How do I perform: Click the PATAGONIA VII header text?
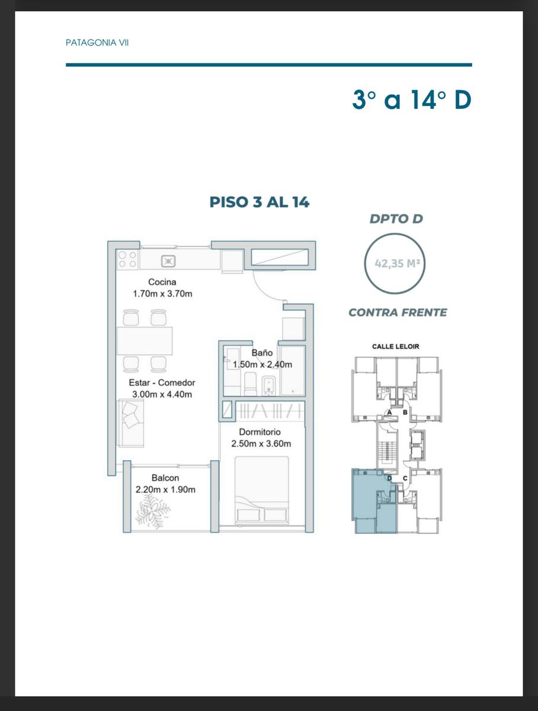pyautogui.click(x=97, y=43)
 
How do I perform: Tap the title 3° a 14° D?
pyautogui.click(x=412, y=100)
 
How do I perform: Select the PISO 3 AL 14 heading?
pyautogui.click(x=260, y=202)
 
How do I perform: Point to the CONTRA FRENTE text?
pyautogui.click(x=398, y=313)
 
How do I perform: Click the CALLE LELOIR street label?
pyautogui.click(x=396, y=347)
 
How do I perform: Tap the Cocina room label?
pyautogui.click(x=162, y=282)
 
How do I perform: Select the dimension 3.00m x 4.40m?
pyautogui.click(x=162, y=394)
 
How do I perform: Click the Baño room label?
pyautogui.click(x=262, y=353)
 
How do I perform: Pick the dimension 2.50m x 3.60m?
pyautogui.click(x=261, y=443)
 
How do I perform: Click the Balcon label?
pyautogui.click(x=165, y=478)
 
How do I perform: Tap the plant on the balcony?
pyautogui.click(x=153, y=511)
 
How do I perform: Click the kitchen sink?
pyautogui.click(x=168, y=261)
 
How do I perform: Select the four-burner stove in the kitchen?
pyautogui.click(x=127, y=260)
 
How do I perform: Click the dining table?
pyautogui.click(x=145, y=341)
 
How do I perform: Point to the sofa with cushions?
pyautogui.click(x=130, y=422)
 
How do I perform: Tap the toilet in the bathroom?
pyautogui.click(x=250, y=384)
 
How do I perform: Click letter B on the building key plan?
pyautogui.click(x=405, y=412)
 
